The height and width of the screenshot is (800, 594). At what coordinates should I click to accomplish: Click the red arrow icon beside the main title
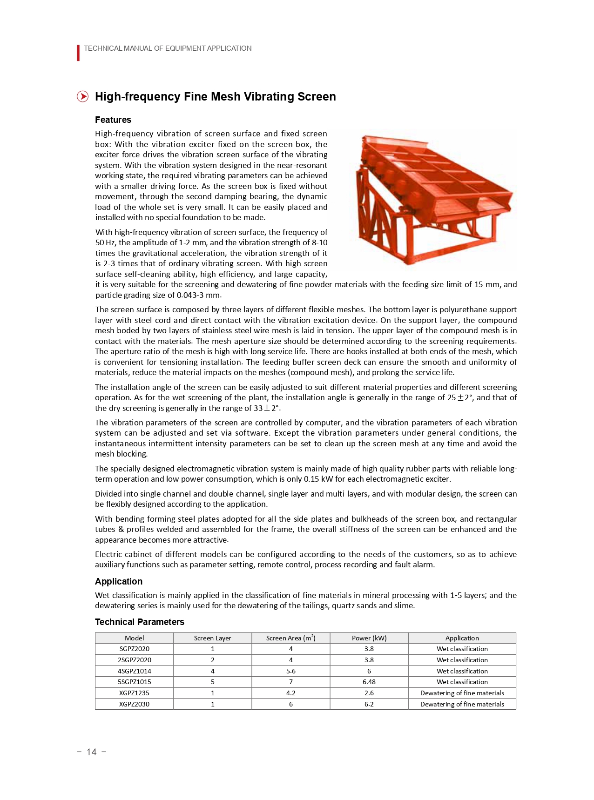click(x=82, y=96)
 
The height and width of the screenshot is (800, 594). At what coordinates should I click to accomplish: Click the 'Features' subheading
click(x=113, y=120)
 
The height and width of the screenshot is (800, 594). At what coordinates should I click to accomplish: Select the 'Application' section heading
click(x=119, y=581)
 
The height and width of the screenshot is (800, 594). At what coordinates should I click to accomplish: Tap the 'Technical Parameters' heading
click(x=140, y=622)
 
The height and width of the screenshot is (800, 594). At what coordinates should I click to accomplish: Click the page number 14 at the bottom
click(x=92, y=752)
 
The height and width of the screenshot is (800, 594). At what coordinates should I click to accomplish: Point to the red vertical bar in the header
click(x=78, y=53)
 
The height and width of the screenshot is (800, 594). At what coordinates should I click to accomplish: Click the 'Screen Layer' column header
click(x=212, y=638)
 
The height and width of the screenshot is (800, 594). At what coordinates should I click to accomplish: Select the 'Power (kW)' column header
click(x=369, y=638)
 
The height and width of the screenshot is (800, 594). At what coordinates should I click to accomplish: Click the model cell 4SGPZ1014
click(x=135, y=671)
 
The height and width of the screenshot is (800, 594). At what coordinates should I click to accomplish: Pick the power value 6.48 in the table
click(x=369, y=682)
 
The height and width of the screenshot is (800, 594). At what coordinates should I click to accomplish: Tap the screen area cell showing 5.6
click(x=291, y=671)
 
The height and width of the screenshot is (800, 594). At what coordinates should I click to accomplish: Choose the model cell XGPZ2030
click(x=135, y=704)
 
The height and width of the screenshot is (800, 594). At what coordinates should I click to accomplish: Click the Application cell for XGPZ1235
click(x=462, y=693)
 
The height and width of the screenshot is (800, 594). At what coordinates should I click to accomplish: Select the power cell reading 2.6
click(x=369, y=693)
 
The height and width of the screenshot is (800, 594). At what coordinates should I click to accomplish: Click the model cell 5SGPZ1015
click(x=135, y=682)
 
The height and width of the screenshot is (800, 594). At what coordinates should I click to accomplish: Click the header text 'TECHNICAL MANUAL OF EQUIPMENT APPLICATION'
click(x=168, y=48)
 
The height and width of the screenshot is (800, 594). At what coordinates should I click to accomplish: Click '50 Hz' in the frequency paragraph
click(x=106, y=242)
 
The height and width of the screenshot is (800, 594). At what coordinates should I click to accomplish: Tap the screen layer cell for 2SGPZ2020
click(x=213, y=660)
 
